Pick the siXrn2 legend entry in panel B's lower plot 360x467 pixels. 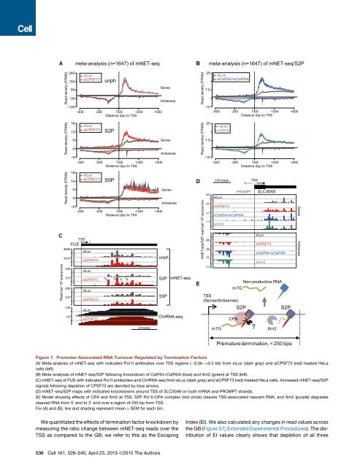pos(226,130)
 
